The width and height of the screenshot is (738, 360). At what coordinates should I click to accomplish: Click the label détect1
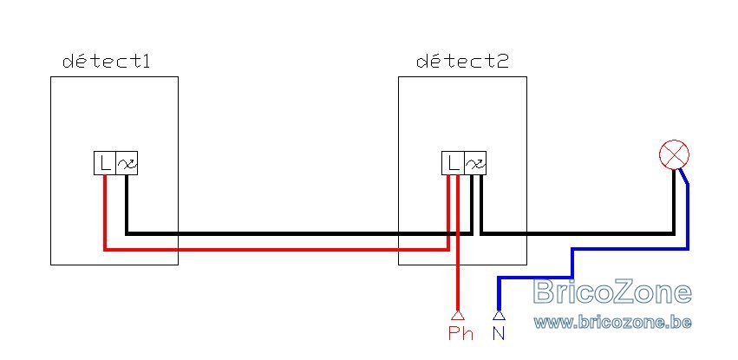click(107, 62)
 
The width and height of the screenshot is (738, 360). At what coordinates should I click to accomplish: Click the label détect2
click(462, 62)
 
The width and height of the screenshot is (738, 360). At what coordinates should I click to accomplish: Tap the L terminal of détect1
click(104, 163)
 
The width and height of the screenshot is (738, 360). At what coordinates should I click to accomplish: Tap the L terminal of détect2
click(453, 163)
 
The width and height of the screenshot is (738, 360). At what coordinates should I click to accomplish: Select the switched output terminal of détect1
click(127, 163)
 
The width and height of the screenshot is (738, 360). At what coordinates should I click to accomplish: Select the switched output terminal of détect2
click(475, 163)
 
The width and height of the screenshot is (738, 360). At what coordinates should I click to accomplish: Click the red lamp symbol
click(674, 154)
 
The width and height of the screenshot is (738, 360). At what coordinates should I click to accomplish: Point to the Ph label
click(460, 333)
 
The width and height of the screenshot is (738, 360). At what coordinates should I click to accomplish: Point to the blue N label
click(499, 333)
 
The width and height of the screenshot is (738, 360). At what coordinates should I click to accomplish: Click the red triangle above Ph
click(457, 315)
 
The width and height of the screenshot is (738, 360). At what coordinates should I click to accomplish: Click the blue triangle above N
click(499, 315)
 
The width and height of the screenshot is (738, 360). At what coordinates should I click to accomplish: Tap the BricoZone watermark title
click(613, 291)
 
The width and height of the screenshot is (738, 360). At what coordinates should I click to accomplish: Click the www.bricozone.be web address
click(613, 323)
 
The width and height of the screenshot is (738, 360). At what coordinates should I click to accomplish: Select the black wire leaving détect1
click(299, 233)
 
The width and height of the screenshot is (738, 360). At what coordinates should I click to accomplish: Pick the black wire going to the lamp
click(577, 233)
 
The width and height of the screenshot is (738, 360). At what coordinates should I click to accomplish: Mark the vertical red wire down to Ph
click(457, 242)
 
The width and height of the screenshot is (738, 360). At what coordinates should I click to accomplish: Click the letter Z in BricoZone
click(623, 291)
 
